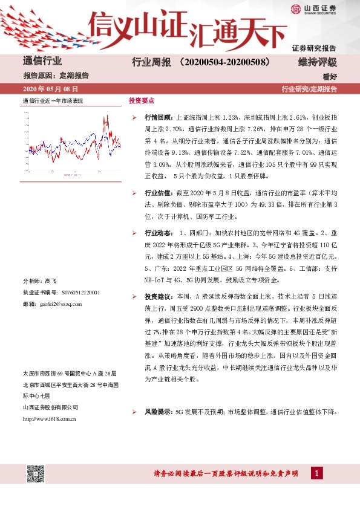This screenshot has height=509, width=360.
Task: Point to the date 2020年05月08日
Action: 50,89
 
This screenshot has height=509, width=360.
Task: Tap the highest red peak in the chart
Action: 106,116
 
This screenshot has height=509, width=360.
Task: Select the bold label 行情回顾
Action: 159,116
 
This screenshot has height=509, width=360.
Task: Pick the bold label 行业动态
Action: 159,232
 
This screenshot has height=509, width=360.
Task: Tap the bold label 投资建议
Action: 159,296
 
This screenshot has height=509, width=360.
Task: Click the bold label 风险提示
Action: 159,395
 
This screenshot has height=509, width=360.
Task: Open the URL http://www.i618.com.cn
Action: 48,401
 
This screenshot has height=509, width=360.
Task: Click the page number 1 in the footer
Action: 316,473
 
